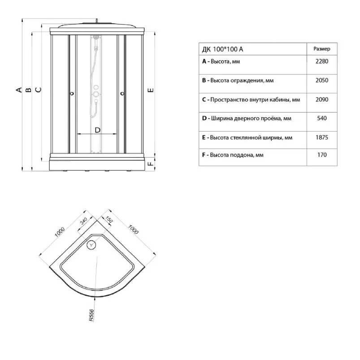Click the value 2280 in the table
pyautogui.click(x=321, y=61)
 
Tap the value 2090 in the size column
pyautogui.click(x=321, y=100)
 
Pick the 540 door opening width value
pyautogui.click(x=321, y=119)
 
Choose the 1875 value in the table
pyautogui.click(x=321, y=137)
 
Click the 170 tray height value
pyautogui.click(x=322, y=155)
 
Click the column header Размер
pyautogui.click(x=322, y=49)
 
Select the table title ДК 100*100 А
pyautogui.click(x=222, y=49)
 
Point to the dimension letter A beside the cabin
pyautogui.click(x=19, y=90)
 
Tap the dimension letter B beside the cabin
pyautogui.click(x=29, y=90)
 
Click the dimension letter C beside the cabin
pyautogui.click(x=39, y=90)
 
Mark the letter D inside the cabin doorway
pyautogui.click(x=98, y=130)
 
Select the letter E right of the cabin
pyautogui.click(x=151, y=90)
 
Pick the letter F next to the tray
pyautogui.click(x=150, y=164)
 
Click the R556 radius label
pyautogui.click(x=91, y=315)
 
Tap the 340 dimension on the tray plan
pyautogui.click(x=83, y=221)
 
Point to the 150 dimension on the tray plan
pyautogui.click(x=109, y=220)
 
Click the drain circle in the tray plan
pyautogui.click(x=91, y=245)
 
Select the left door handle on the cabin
pyautogui.click(x=72, y=93)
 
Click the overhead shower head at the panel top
pyautogui.click(x=96, y=37)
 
